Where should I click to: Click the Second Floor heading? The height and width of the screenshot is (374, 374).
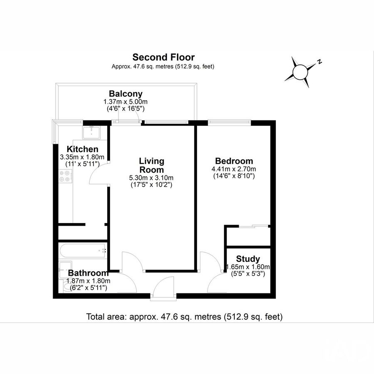point(163,57)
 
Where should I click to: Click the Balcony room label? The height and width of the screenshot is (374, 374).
point(125,94)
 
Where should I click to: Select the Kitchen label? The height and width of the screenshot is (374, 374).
point(83,149)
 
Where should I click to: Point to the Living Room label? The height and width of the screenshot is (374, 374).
point(151,165)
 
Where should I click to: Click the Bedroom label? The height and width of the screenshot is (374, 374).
point(234,161)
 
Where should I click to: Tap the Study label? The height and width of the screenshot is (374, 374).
point(248,259)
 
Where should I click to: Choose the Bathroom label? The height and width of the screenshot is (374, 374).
point(88,273)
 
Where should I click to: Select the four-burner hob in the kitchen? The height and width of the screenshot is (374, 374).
point(65,177)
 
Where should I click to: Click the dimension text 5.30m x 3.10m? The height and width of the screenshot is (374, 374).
point(151,178)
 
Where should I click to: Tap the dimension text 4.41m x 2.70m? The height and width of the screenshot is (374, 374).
point(234,169)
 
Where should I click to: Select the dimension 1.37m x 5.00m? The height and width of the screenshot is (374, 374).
point(125,102)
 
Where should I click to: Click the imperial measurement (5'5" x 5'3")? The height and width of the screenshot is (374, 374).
point(248,274)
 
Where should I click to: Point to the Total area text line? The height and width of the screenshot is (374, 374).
point(184,317)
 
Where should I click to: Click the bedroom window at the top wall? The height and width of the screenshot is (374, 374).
point(229,122)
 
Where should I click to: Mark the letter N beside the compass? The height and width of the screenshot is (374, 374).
point(320,62)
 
